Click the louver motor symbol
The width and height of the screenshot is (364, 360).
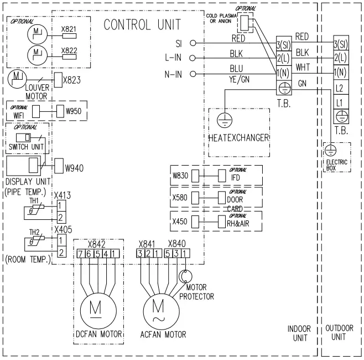coord(17,76)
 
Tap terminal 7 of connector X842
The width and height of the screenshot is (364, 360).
coord(81,254)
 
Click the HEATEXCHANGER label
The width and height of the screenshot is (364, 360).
coord(238,137)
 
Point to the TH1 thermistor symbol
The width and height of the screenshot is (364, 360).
coord(34,208)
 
